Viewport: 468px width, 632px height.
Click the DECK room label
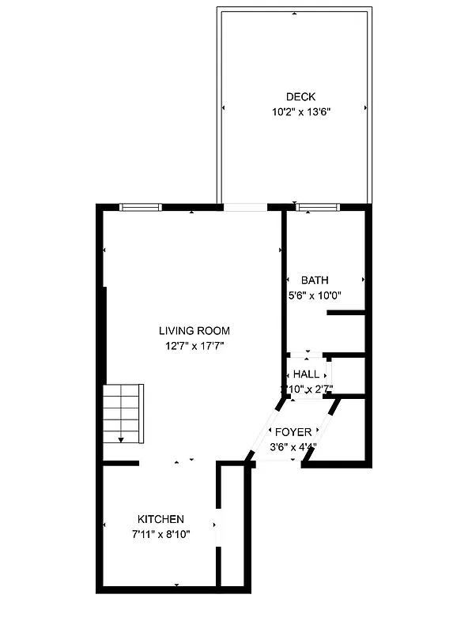point(294,97)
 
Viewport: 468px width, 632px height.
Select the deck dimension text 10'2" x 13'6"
point(294,112)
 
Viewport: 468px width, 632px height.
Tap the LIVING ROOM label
point(194,331)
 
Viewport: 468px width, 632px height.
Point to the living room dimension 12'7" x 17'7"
point(194,345)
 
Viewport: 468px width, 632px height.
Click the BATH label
point(315,280)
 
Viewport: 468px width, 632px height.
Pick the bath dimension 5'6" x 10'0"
point(315,295)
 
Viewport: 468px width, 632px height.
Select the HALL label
point(306,374)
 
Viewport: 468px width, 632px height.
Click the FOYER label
point(292,432)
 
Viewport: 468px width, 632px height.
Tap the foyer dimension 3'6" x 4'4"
point(292,447)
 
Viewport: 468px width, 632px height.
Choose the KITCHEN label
point(161,519)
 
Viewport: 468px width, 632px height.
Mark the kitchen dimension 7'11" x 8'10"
point(161,534)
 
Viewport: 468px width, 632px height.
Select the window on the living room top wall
point(141,207)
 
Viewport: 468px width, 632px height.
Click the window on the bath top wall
point(318,207)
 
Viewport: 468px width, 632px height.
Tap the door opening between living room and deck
point(245,207)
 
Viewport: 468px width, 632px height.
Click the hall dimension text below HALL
point(308,389)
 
